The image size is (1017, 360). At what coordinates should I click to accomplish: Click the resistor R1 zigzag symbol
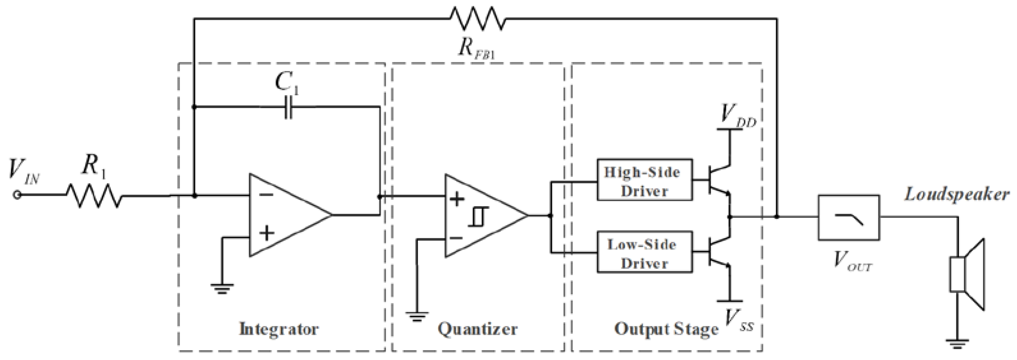coord(94,195)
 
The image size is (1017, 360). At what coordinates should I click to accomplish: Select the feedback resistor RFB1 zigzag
coord(477,19)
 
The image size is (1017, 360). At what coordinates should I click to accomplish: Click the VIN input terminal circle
coord(17,195)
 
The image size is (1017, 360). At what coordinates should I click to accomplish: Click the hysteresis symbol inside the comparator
coord(479,217)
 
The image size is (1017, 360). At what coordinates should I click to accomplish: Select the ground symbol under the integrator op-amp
coord(222,289)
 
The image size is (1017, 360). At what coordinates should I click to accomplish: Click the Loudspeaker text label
coord(957,194)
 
